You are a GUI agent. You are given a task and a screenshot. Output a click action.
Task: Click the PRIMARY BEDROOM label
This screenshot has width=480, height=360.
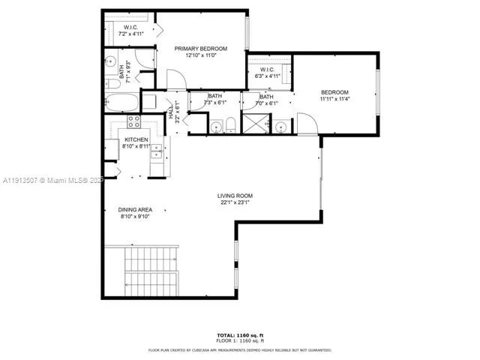tap(201, 49)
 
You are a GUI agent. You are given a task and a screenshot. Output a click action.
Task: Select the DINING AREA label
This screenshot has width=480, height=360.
tap(135, 210)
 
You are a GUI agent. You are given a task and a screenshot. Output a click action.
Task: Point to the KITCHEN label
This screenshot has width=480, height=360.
tap(136, 140)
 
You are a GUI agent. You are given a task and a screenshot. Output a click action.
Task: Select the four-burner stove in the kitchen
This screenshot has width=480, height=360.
tap(135, 121)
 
